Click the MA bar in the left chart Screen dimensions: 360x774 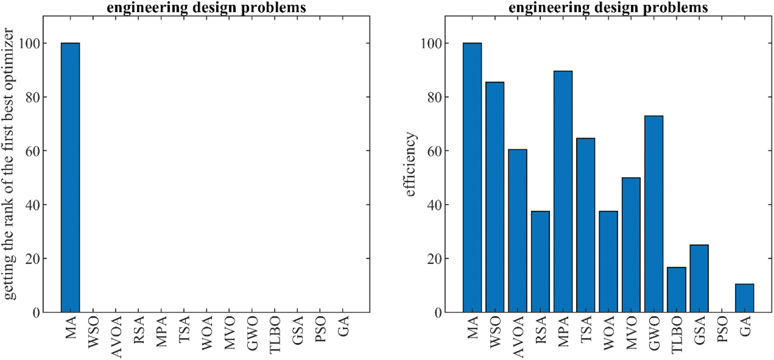(70, 177)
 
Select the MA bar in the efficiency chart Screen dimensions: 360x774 (472, 177)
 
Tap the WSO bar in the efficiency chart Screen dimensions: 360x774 (495, 197)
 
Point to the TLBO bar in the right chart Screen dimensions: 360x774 (676, 290)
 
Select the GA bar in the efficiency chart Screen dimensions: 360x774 (744, 298)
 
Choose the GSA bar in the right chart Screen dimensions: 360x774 (699, 279)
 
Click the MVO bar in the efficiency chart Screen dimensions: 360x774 (631, 245)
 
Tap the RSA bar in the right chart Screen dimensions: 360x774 (540, 262)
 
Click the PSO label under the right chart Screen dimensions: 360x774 (723, 329)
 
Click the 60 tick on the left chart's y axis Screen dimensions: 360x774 (32, 151)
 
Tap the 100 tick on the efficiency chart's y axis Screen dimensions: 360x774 (431, 44)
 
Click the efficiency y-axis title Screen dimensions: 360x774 (410, 164)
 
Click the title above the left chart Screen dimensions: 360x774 (206, 7)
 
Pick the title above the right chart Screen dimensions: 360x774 (608, 7)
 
